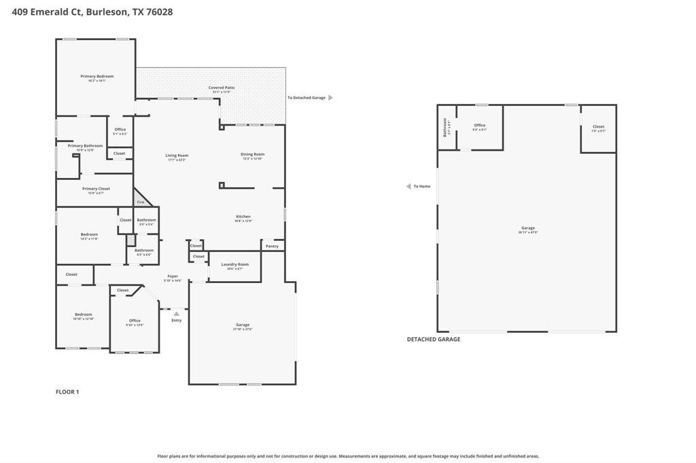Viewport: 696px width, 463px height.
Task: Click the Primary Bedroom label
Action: click(x=97, y=76)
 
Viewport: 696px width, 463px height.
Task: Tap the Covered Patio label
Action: click(x=221, y=88)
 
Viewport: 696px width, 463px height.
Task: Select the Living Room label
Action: click(x=176, y=155)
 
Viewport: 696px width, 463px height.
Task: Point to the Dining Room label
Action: click(x=252, y=154)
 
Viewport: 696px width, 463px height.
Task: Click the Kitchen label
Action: click(x=243, y=217)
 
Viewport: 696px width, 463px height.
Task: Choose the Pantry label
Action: click(x=272, y=246)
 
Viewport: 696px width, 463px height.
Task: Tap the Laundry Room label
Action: click(x=234, y=264)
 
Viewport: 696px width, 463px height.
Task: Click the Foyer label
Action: click(x=173, y=276)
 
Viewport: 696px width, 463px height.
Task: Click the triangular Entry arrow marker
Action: click(x=176, y=314)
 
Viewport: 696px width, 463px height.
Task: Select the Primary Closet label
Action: click(x=96, y=189)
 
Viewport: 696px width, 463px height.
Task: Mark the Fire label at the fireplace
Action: click(x=141, y=202)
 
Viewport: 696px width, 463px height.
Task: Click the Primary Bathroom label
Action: click(x=85, y=145)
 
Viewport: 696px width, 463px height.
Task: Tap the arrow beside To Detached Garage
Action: click(x=330, y=98)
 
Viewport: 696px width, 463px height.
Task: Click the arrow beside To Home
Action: click(x=408, y=186)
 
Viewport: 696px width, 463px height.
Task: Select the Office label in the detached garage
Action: click(x=479, y=125)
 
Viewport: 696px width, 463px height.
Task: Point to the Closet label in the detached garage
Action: click(x=598, y=126)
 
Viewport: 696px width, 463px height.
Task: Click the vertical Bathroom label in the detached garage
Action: click(x=445, y=127)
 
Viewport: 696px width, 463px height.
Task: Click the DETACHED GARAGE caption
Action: click(x=433, y=339)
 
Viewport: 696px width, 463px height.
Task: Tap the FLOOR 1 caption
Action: click(x=67, y=392)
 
